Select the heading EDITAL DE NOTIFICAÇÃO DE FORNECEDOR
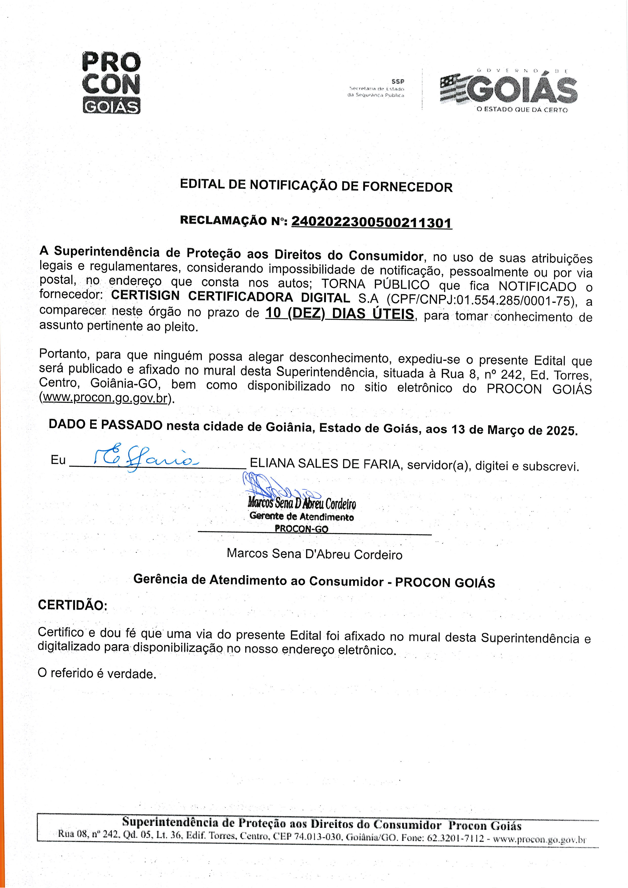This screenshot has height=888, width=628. (316, 186)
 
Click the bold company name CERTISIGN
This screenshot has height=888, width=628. (145, 295)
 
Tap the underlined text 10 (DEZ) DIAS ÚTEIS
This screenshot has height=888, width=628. (340, 313)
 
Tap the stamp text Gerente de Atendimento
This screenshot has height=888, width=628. (302, 516)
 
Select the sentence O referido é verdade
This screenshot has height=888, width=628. (97, 674)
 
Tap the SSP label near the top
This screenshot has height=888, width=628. (398, 82)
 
